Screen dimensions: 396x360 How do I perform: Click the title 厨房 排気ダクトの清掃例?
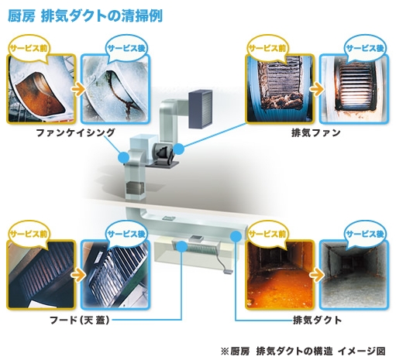pyautogui.click(x=85, y=16)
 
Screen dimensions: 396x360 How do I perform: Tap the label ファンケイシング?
pyautogui.click(x=75, y=132)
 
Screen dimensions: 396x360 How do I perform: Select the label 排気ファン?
pyautogui.click(x=315, y=132)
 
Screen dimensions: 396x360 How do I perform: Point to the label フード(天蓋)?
pyautogui.click(x=80, y=321)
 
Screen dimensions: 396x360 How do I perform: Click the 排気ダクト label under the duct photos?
pyautogui.click(x=317, y=321)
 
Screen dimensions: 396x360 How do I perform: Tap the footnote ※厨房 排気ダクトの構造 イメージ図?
pyautogui.click(x=303, y=351)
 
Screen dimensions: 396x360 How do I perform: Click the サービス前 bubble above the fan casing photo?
pyautogui.click(x=29, y=49)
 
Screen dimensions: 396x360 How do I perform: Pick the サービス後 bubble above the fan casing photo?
pyautogui.click(x=126, y=49)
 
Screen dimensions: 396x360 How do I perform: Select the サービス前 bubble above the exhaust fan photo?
pyautogui.click(x=267, y=49)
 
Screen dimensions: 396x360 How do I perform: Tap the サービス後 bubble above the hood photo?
pyautogui.click(x=126, y=234)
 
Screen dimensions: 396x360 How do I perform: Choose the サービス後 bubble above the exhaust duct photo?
pyautogui.click(x=365, y=234)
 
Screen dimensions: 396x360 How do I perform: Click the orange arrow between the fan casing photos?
pyautogui.click(x=78, y=90)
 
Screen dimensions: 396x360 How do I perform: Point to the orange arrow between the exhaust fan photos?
pyautogui.click(x=317, y=90)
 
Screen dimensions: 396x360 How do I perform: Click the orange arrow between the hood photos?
pyautogui.click(x=78, y=276)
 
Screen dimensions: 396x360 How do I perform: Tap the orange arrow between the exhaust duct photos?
pyautogui.click(x=317, y=276)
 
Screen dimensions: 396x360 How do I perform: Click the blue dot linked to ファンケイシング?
pyautogui.click(x=123, y=157)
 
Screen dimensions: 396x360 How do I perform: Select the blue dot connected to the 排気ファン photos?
pyautogui.click(x=178, y=149)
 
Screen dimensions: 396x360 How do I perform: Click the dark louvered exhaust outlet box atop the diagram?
pyautogui.click(x=201, y=108)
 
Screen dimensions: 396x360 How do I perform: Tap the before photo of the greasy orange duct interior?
pyautogui.click(x=281, y=275)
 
